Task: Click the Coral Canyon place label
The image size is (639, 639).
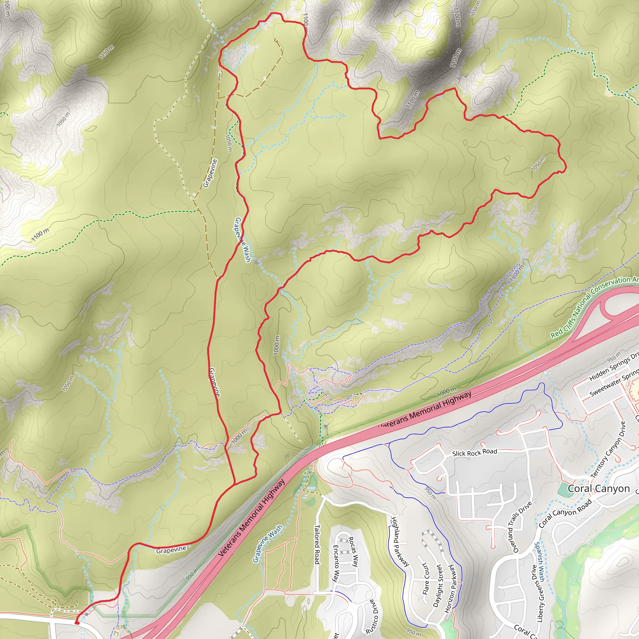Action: [599, 489]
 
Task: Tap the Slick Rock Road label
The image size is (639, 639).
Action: [474, 453]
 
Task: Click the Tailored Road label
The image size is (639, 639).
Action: [316, 544]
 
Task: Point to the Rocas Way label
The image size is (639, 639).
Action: [353, 552]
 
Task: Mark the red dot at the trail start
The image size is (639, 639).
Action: [77, 623]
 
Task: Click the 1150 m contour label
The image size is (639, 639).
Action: [106, 52]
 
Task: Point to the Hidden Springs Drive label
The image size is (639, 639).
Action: [614, 367]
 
